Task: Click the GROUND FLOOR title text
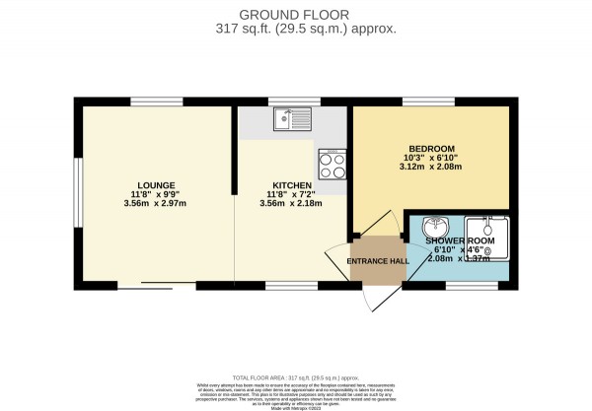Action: coord(296,14)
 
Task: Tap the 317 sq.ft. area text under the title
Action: coord(296,29)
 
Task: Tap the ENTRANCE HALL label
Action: coord(377,261)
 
